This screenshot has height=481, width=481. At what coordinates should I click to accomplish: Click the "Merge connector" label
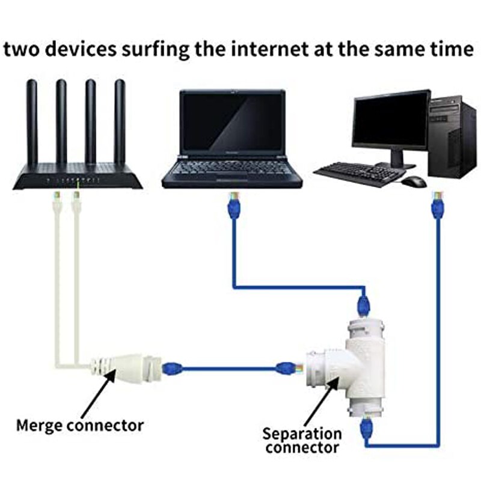click(x=79, y=426)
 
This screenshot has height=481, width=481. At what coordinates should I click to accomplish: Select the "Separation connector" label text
click(x=302, y=440)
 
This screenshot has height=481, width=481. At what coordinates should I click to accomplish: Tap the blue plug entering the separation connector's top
click(x=363, y=303)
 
